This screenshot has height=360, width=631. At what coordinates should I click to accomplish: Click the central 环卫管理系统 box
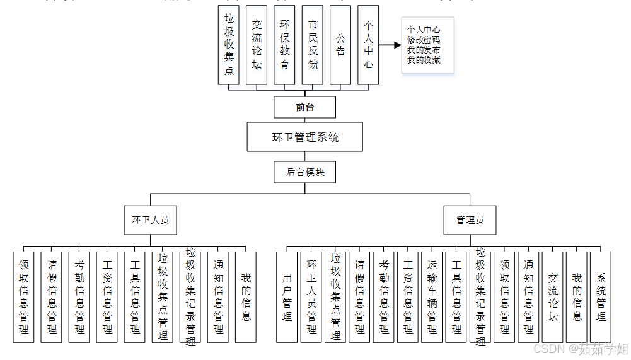[x=305, y=137]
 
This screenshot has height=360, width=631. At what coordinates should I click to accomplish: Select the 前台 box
[x=304, y=107]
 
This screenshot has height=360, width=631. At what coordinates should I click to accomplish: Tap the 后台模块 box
[x=305, y=171]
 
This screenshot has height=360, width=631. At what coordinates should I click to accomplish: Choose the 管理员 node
[x=470, y=220]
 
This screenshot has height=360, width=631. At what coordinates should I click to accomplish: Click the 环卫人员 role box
[x=150, y=220]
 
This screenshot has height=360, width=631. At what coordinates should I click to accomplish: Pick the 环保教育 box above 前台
[x=285, y=45]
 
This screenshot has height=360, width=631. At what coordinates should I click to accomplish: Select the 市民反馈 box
[x=313, y=45]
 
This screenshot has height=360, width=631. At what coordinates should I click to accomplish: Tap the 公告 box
[x=340, y=45]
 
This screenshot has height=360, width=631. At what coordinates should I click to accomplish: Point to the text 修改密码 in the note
[x=423, y=40]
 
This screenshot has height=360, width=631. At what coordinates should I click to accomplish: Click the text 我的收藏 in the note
[x=423, y=61]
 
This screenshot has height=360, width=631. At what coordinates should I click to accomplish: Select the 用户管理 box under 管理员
[x=287, y=297]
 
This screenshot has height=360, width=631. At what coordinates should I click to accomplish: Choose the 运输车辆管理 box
[x=432, y=297]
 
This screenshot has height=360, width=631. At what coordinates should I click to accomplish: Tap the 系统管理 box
[x=601, y=297]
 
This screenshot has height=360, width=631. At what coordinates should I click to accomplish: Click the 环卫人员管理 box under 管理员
[x=311, y=297]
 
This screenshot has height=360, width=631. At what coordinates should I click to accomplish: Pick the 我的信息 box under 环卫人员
[x=246, y=297]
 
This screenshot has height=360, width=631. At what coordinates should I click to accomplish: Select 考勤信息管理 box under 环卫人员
[x=79, y=297]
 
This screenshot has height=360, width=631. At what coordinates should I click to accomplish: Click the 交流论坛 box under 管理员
[x=553, y=297]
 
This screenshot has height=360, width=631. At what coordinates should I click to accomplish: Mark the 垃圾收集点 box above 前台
[x=229, y=45]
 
